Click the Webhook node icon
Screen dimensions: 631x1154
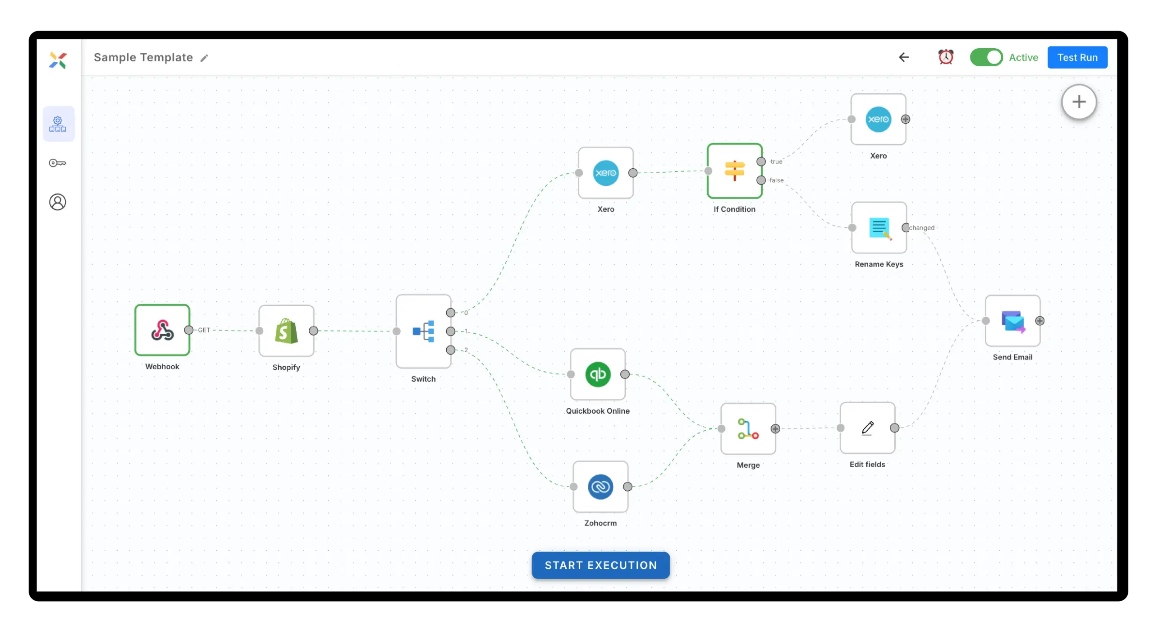162,330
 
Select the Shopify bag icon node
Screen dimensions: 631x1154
286,331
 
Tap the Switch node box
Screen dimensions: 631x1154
423,332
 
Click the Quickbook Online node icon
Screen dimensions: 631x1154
598,374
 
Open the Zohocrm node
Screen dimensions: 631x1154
600,487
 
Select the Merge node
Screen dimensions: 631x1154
748,428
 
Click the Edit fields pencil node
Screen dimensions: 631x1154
867,428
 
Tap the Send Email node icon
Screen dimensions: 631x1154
1012,321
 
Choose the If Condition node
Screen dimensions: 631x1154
734,171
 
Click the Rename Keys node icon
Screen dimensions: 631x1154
879,228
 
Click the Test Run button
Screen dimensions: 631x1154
1077,57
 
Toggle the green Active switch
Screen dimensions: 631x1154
986,57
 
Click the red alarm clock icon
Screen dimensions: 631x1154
946,57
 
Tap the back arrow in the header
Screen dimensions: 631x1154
904,57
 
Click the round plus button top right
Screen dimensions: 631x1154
1079,102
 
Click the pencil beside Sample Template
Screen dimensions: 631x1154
204,58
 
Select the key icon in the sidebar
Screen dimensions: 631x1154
58,163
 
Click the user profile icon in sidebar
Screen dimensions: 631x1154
58,202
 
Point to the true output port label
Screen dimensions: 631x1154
776,161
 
